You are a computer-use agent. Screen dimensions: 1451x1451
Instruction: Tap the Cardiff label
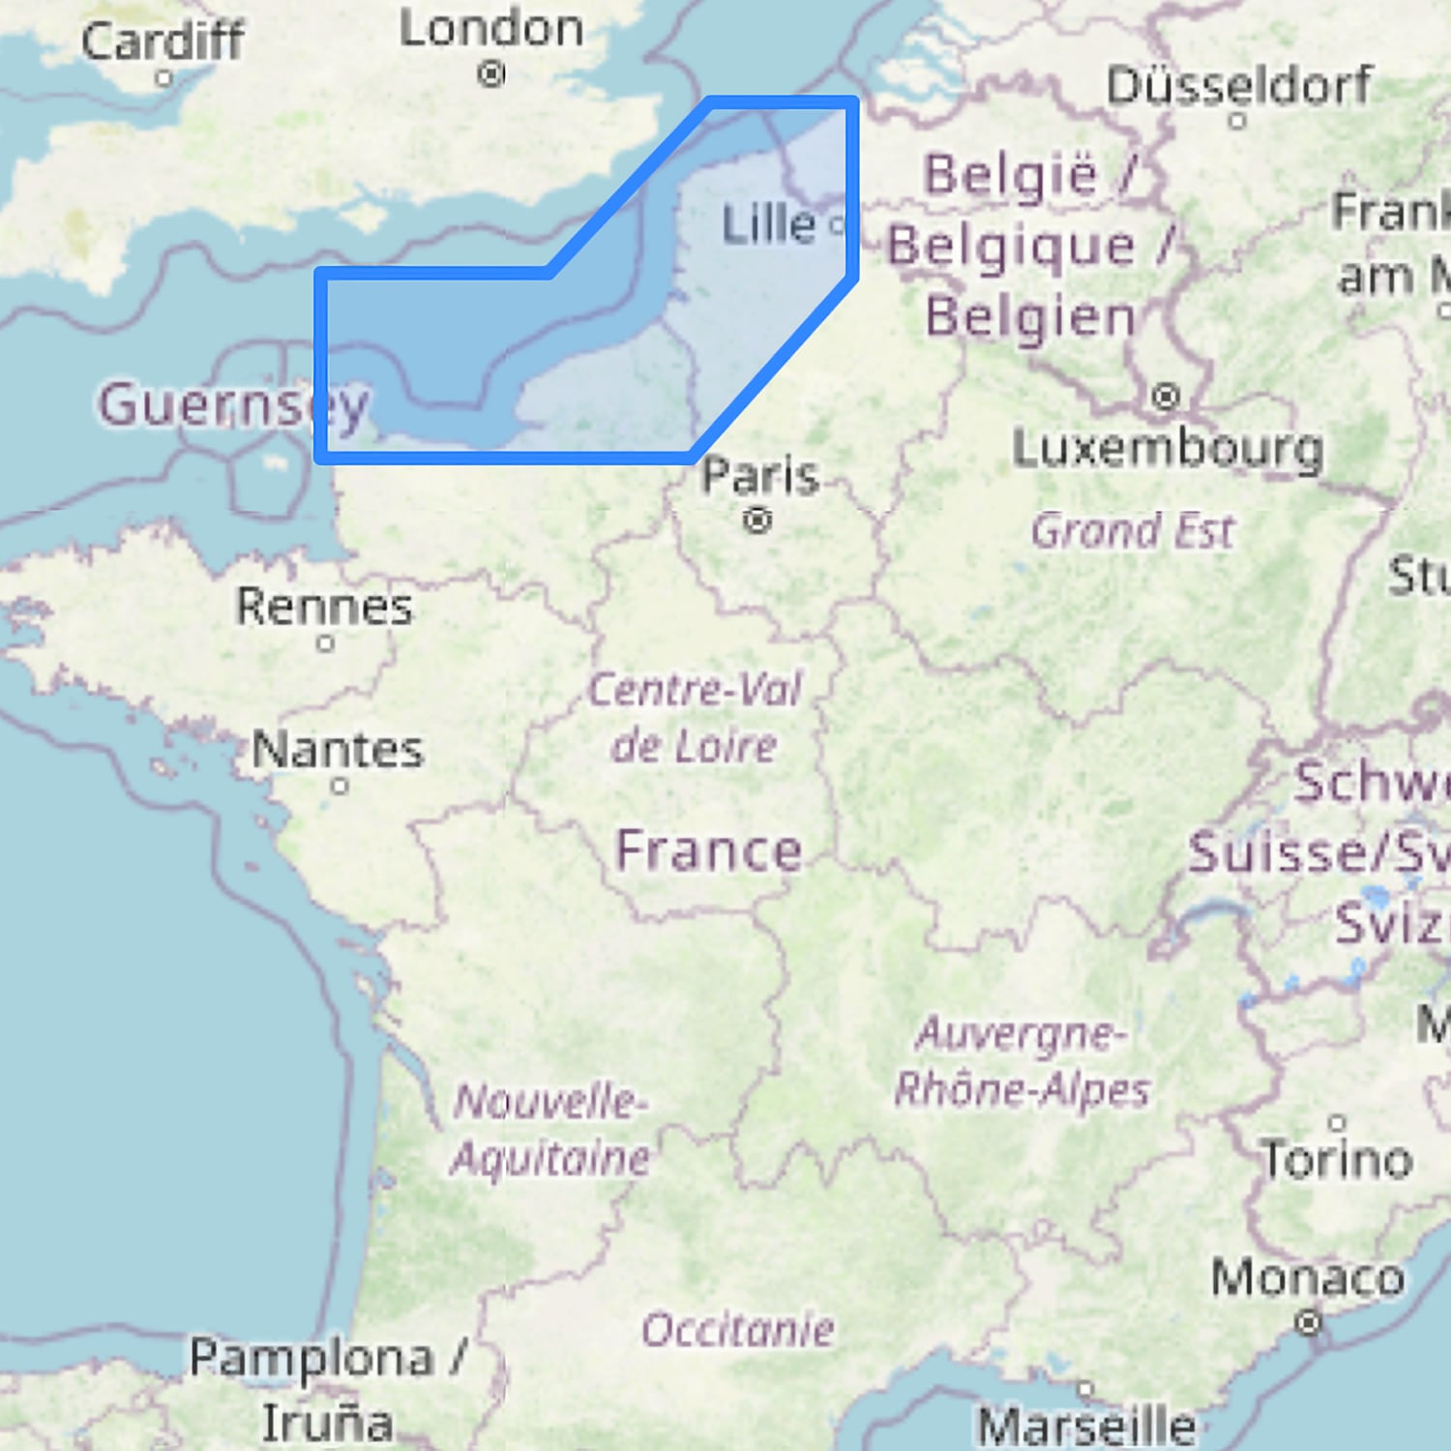(x=163, y=41)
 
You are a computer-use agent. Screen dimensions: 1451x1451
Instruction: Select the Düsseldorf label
(x=1239, y=85)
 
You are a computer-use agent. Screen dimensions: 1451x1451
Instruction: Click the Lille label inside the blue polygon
(x=769, y=224)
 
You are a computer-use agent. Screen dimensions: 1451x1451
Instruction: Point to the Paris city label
(x=760, y=475)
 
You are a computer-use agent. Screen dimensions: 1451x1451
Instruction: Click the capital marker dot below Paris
(x=757, y=521)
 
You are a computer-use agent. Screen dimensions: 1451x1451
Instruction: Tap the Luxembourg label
(x=1168, y=448)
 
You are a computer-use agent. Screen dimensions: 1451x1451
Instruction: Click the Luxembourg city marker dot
(x=1167, y=397)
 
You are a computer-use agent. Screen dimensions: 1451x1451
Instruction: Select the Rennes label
(x=324, y=607)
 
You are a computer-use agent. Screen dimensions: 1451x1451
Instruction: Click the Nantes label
(x=338, y=750)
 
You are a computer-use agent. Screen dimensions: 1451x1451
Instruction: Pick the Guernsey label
(x=233, y=404)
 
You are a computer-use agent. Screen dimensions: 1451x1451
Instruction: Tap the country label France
(x=709, y=851)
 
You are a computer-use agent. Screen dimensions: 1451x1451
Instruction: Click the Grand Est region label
(x=1133, y=531)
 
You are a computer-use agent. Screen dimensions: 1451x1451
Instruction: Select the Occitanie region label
(x=737, y=1330)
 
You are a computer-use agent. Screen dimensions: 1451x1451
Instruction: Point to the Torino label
(x=1337, y=1159)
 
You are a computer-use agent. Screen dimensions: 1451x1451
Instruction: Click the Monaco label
(x=1308, y=1278)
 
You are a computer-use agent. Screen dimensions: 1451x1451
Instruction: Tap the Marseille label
(x=1086, y=1426)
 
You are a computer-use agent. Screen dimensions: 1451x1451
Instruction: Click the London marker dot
(x=491, y=74)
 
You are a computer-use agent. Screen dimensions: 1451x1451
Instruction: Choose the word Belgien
(x=1030, y=317)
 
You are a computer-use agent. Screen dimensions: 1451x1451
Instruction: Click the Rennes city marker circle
(x=326, y=642)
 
